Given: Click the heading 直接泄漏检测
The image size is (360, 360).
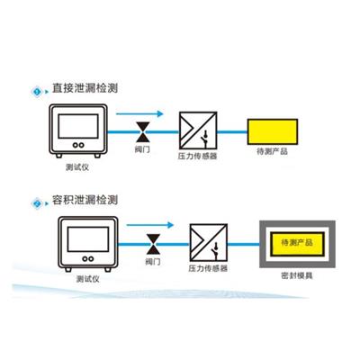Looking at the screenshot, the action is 85,88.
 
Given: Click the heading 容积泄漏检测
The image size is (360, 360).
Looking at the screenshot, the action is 85,200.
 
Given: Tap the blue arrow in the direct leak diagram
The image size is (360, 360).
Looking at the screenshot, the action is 139,113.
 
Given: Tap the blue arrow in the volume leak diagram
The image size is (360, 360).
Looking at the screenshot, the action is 150,225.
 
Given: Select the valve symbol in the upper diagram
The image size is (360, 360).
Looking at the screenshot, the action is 143,131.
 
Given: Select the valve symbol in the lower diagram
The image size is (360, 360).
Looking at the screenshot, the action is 153,244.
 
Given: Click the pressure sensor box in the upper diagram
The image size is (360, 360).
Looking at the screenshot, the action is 198,130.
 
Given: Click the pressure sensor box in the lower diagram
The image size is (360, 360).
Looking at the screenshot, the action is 209,243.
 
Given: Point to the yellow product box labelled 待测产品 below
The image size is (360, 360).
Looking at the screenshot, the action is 273,131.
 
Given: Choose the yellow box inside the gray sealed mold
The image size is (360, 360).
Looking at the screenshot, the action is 297,244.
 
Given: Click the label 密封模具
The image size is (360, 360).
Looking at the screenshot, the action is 297,275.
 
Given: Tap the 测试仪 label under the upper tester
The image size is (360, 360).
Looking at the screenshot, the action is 77,167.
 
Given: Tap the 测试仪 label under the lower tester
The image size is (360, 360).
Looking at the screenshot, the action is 88,279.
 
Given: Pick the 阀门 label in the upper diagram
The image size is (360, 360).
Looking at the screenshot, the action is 142,149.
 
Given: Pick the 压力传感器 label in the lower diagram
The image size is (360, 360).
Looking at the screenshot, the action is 208,268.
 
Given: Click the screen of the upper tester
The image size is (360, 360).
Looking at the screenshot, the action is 78,126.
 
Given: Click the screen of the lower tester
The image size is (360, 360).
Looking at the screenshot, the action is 88,239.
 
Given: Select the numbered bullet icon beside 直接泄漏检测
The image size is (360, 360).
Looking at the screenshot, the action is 37,92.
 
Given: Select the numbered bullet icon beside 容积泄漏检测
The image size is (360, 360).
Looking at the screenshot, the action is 37,203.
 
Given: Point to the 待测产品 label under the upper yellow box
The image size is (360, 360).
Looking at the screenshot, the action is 273,151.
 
